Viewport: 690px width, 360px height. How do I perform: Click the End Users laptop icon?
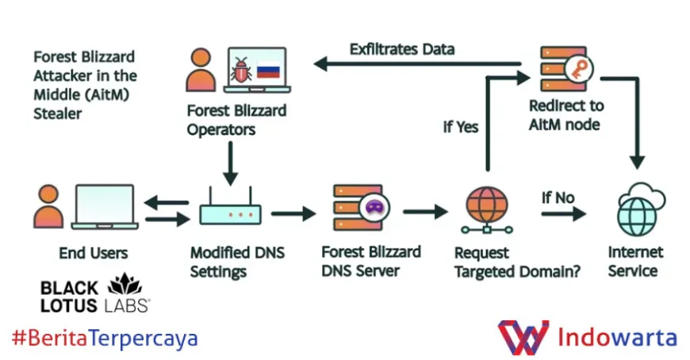pyautogui.click(x=104, y=208)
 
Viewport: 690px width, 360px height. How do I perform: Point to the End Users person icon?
pyautogui.click(x=48, y=207)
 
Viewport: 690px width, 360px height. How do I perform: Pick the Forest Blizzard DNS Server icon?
pyautogui.click(x=358, y=209)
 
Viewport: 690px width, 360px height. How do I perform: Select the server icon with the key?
pyautogui.click(x=565, y=70)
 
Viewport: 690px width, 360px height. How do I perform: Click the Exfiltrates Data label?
pyautogui.click(x=402, y=49)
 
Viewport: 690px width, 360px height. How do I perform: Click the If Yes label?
pyautogui.click(x=461, y=127)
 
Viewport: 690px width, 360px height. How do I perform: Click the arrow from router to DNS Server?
pyautogui.click(x=293, y=213)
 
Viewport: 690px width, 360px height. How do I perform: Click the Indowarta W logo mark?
pyautogui.click(x=523, y=337)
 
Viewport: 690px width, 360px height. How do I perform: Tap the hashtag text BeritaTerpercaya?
pyautogui.click(x=105, y=339)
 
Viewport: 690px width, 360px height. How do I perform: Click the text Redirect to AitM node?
pyautogui.click(x=565, y=115)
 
